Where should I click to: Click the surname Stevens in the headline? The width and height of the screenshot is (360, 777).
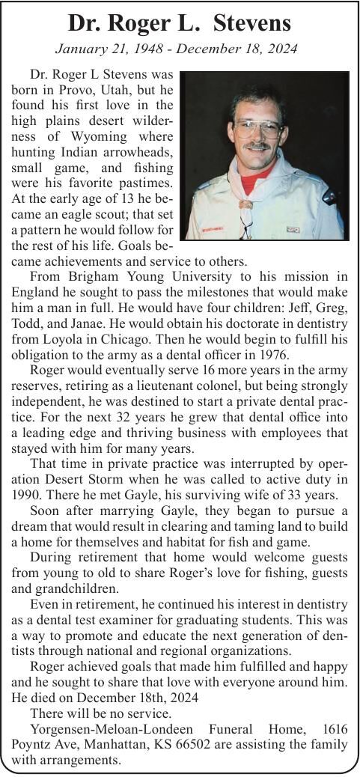click(252, 24)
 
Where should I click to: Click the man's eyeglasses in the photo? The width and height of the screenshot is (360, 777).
click(257, 128)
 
